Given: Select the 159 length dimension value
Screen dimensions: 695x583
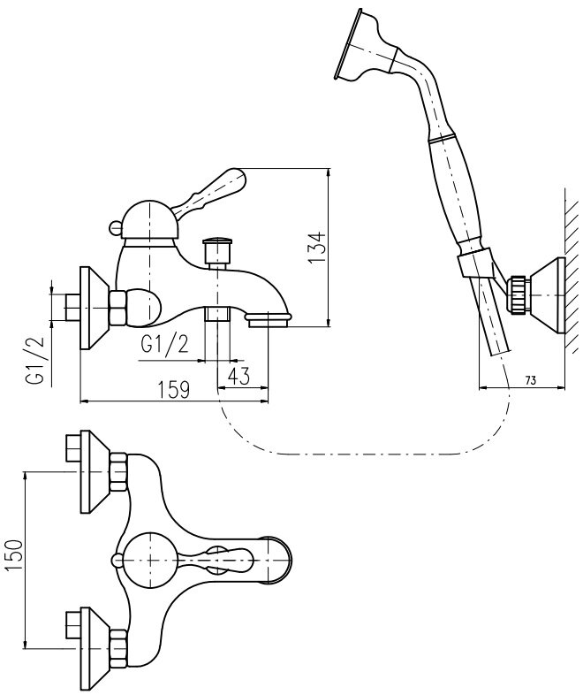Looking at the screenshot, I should point(173,390).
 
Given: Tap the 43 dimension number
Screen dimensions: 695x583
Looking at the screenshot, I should point(238,375).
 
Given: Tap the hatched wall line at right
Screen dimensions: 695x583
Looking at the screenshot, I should point(570,265).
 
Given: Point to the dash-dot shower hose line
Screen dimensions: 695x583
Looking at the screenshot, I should point(353,454).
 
